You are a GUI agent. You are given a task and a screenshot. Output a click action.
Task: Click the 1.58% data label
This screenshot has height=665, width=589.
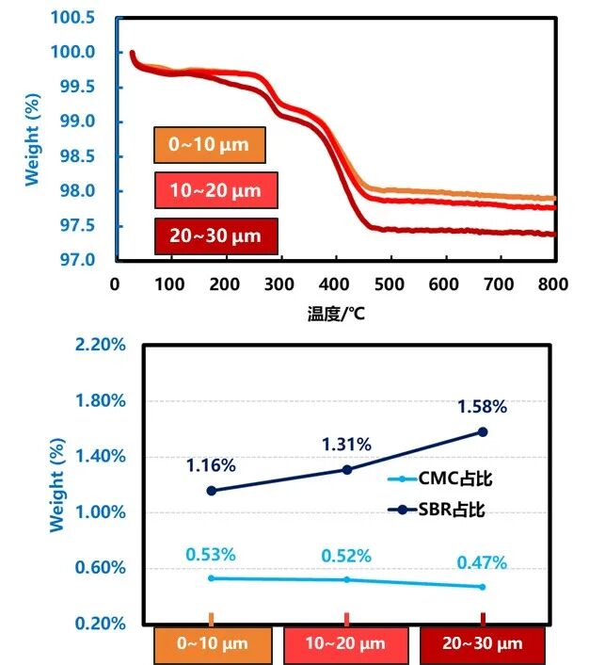(x=483, y=407)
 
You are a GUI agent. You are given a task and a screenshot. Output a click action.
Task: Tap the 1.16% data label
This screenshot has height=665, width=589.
(x=211, y=465)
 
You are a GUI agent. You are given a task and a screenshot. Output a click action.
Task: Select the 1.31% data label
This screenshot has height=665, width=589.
(x=346, y=445)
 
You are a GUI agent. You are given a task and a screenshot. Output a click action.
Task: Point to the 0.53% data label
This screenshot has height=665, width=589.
(x=211, y=555)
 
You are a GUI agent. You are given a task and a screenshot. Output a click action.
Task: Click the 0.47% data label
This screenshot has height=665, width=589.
(x=483, y=562)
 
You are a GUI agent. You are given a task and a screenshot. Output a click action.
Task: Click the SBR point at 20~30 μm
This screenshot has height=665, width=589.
(x=483, y=431)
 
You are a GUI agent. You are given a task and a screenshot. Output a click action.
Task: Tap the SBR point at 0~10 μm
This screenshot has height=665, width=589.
(x=211, y=490)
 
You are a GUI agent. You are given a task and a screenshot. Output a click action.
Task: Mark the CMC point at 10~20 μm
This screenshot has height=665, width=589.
(x=347, y=579)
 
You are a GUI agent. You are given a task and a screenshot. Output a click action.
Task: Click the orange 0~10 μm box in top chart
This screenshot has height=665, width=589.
(x=210, y=145)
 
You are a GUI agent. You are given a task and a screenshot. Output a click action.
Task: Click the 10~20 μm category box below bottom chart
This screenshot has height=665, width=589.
(x=347, y=645)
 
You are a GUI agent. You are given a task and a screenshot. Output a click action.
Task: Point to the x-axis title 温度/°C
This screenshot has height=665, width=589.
(x=336, y=314)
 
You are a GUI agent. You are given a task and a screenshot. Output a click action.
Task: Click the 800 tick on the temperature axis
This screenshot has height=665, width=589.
(x=555, y=283)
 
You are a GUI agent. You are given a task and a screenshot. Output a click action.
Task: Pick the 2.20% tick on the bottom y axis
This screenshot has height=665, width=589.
(x=102, y=345)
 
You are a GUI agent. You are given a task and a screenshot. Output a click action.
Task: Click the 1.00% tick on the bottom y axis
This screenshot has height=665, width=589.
(x=102, y=512)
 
